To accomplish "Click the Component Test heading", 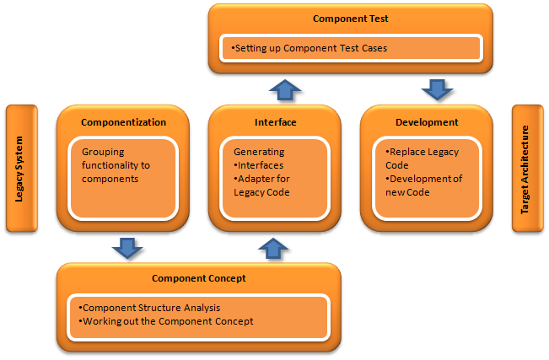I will tap(344, 18).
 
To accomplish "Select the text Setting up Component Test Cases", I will tap(310, 48).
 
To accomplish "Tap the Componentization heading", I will tap(123, 122).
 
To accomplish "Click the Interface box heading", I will tap(275, 122).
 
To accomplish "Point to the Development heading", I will tap(427, 122).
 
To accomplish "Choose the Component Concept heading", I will tap(198, 277).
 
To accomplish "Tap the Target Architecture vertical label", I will tap(525, 169).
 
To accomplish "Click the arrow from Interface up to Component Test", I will tap(284, 89).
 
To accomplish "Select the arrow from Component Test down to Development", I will tap(436, 89).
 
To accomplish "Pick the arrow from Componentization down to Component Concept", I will tap(126, 247).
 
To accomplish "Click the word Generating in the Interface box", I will tap(259, 152).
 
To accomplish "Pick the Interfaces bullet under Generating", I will tap(261, 165).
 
